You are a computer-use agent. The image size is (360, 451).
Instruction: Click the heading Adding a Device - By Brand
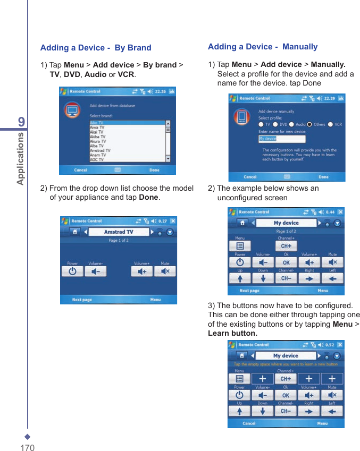click(96, 48)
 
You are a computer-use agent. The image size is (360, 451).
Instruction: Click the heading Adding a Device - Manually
click(263, 47)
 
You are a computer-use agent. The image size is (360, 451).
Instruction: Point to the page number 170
click(27, 448)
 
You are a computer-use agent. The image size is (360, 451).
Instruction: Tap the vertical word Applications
click(21, 158)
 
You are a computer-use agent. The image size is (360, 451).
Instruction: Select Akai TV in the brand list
click(97, 132)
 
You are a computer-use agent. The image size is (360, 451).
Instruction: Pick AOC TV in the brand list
click(97, 159)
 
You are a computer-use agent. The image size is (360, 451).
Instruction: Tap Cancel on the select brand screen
click(81, 170)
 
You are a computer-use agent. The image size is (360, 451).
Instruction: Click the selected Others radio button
click(309, 124)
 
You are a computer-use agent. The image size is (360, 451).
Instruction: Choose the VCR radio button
click(330, 124)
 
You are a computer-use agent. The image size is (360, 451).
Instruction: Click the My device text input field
click(282, 139)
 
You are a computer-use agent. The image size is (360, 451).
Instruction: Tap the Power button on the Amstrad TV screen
click(72, 271)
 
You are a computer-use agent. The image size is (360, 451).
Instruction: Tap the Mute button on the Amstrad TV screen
click(165, 271)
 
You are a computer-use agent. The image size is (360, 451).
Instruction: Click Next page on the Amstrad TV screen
click(82, 300)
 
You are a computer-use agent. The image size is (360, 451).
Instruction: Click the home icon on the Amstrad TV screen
click(76, 232)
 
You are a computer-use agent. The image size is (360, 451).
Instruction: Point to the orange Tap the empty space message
click(286, 364)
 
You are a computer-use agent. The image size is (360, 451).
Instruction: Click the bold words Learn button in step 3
click(232, 334)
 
